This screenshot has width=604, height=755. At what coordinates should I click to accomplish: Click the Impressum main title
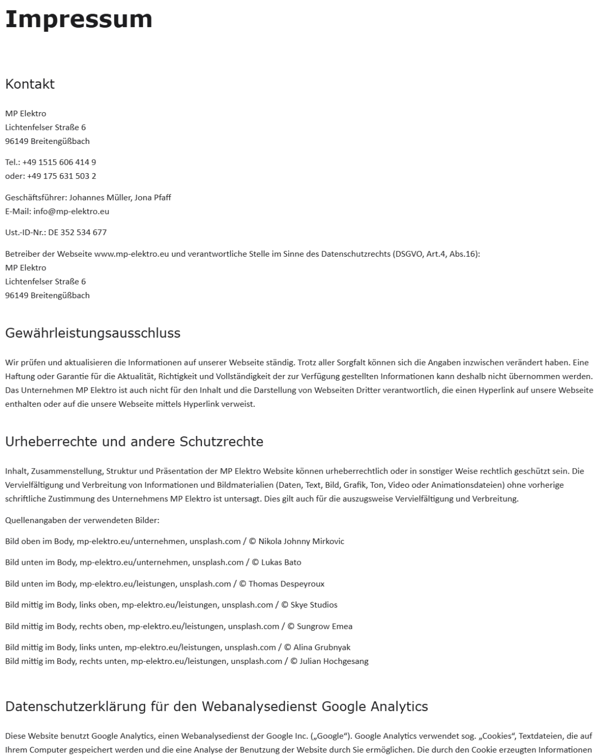pyautogui.click(x=79, y=19)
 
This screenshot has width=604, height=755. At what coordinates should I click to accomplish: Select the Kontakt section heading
pyautogui.click(x=30, y=84)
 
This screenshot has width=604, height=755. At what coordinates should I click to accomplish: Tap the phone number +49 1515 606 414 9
pyautogui.click(x=59, y=162)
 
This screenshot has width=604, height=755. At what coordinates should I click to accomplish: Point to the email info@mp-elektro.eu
pyautogui.click(x=71, y=211)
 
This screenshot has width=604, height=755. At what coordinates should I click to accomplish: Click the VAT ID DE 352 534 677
pyautogui.click(x=78, y=232)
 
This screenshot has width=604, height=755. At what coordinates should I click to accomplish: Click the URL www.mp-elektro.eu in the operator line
pyautogui.click(x=131, y=254)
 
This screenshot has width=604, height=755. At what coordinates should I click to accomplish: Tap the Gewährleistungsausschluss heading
pyautogui.click(x=93, y=333)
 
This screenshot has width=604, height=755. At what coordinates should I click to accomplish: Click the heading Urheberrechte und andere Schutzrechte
pyautogui.click(x=134, y=441)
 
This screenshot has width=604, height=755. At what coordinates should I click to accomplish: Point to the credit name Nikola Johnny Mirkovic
pyautogui.click(x=301, y=541)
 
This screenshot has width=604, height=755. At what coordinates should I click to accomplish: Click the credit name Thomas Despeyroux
pyautogui.click(x=286, y=584)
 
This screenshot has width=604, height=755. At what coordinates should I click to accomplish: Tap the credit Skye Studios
pyautogui.click(x=314, y=605)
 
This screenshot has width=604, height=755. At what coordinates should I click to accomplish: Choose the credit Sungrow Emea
pyautogui.click(x=324, y=626)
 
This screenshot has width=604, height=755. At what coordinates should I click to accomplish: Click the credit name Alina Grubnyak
pyautogui.click(x=322, y=647)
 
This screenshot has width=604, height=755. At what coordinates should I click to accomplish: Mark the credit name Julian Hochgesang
pyautogui.click(x=334, y=661)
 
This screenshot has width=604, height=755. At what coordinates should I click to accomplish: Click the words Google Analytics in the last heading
pyautogui.click(x=374, y=706)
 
